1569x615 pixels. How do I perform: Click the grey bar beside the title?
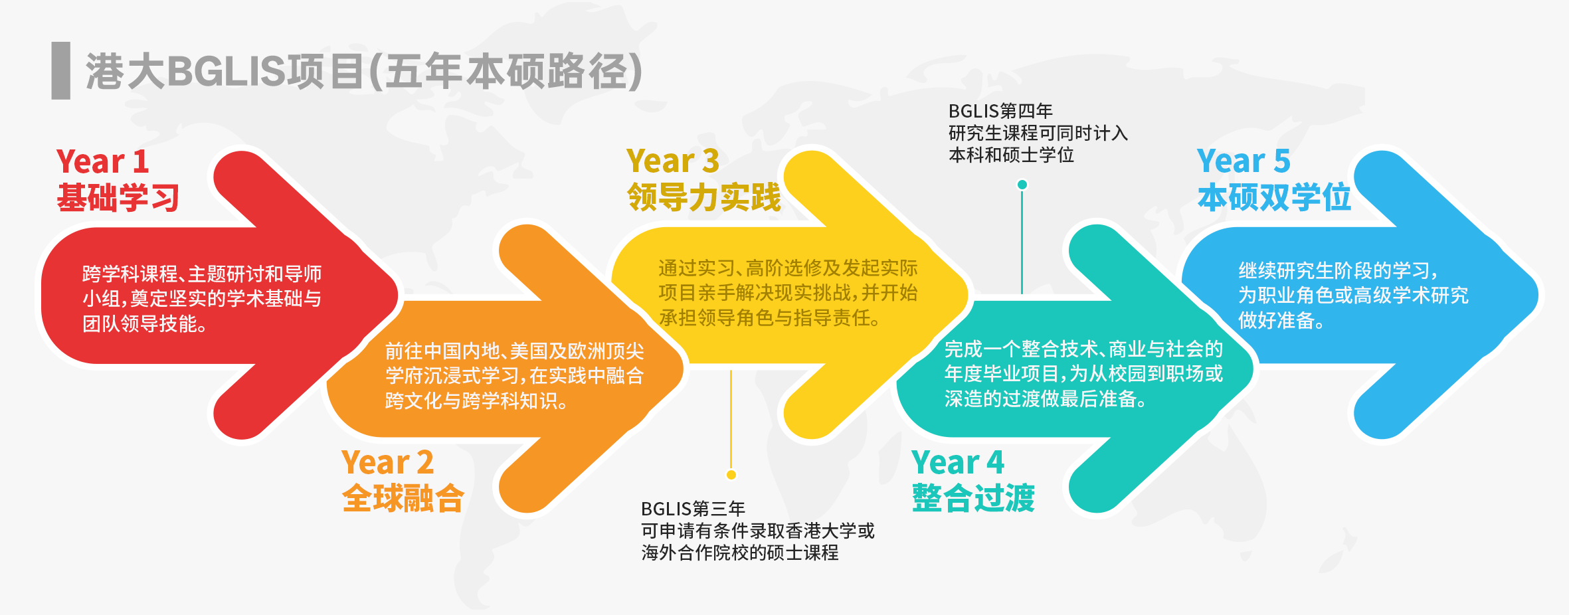tap(60, 70)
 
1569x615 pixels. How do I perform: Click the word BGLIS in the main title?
tap(226, 71)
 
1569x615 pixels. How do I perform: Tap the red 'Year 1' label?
tap(102, 161)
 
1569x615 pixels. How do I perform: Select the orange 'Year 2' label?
tap(387, 462)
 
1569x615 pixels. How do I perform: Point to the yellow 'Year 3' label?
tap(672, 161)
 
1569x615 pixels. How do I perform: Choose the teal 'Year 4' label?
tap(957, 462)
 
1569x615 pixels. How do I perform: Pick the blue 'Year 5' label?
tap(1243, 161)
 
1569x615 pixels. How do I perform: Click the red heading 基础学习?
tap(118, 198)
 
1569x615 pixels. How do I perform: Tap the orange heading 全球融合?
tap(403, 498)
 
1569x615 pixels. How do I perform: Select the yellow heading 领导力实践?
tap(704, 198)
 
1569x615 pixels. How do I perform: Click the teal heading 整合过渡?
tap(973, 498)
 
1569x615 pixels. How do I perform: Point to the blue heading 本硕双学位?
tap(1274, 198)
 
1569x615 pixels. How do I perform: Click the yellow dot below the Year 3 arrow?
tap(731, 474)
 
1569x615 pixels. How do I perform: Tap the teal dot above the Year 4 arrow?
tap(1022, 185)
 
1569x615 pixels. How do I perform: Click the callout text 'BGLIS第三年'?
tap(693, 509)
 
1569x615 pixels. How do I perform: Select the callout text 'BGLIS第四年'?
tap(1000, 111)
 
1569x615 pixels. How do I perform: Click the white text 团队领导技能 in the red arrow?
tap(144, 324)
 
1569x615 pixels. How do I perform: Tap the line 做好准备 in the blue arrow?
tap(1281, 321)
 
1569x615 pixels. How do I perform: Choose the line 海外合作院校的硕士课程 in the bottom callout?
tap(739, 553)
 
